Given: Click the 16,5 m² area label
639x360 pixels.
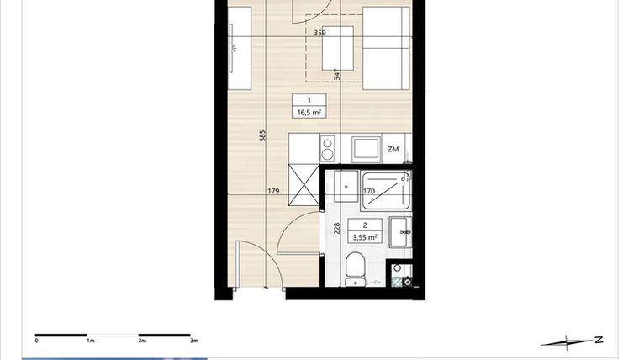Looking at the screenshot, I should point(308,111).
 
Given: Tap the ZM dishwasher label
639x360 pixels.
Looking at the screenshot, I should point(393,149).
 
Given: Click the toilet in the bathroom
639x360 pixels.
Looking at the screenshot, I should point(356,269).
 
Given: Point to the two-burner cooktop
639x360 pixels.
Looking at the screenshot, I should point(327,148).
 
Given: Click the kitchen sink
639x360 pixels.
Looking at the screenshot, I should point(366,148).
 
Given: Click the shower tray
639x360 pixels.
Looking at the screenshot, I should point(385,189).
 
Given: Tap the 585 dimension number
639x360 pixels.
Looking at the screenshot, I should point(262,135).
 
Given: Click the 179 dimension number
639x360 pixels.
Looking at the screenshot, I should point(273,192).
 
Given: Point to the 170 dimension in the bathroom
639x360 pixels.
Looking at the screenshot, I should point(368,192).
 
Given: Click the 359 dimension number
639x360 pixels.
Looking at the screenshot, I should point(319,33).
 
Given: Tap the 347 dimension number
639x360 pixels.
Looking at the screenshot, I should point(335,75).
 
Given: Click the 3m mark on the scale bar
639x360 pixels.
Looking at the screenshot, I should point(193,341).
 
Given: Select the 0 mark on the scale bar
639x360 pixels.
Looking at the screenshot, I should point(36,341).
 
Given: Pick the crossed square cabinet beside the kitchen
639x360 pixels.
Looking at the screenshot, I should point(304,183).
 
